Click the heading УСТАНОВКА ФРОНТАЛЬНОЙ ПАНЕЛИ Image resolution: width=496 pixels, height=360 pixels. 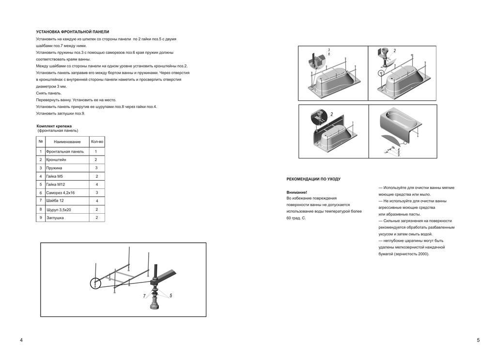(73, 32)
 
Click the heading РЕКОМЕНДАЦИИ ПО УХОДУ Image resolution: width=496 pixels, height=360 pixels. (313, 179)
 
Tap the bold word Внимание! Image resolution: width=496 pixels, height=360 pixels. (296, 192)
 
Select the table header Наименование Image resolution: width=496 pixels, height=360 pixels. (67, 142)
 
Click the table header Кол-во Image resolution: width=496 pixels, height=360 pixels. (97, 142)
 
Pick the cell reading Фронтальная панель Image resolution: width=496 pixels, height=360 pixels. (65, 152)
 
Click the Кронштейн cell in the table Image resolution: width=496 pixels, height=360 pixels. (56, 159)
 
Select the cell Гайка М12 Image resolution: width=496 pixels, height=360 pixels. (56, 185)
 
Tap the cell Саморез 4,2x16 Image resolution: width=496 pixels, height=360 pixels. (61, 193)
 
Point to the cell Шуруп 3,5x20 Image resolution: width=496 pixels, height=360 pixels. (59, 210)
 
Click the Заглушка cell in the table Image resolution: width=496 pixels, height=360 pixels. (55, 218)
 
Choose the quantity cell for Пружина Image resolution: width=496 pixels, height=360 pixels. (96, 168)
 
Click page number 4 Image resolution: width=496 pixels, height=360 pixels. (21, 340)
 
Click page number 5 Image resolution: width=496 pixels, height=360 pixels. (478, 340)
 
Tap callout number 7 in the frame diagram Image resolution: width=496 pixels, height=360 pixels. (144, 296)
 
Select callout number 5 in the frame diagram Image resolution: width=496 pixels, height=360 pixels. (170, 296)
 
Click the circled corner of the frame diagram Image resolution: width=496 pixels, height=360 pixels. (96, 283)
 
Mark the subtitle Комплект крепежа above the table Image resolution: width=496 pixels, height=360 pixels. (54, 126)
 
